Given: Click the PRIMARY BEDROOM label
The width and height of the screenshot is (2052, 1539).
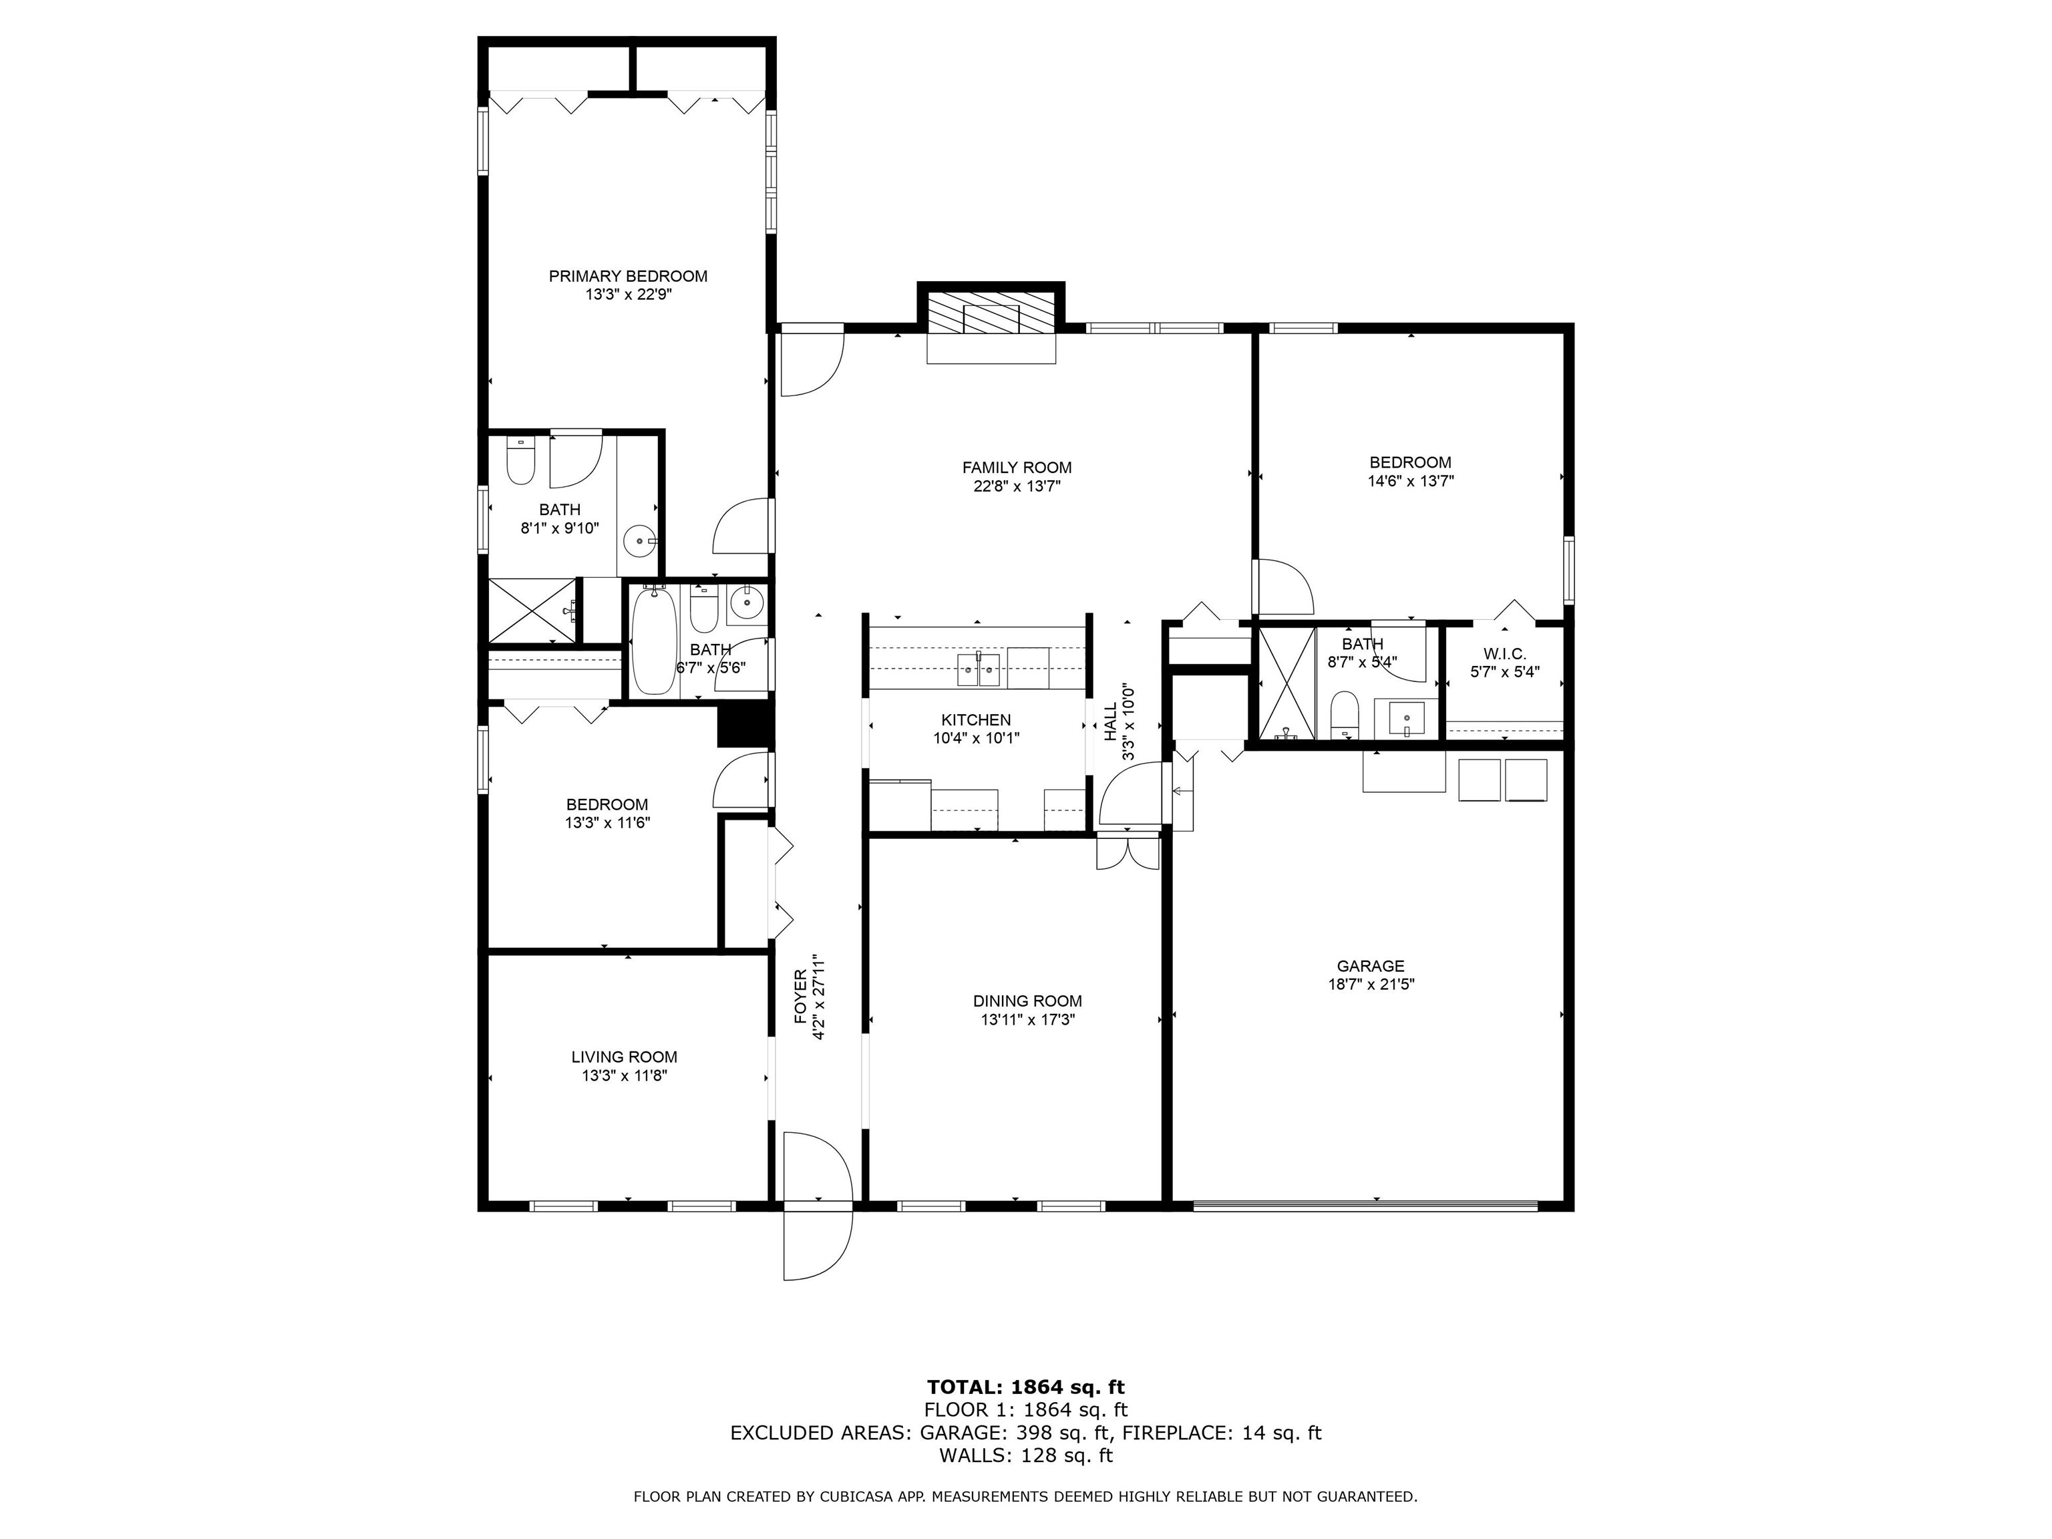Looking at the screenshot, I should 627,275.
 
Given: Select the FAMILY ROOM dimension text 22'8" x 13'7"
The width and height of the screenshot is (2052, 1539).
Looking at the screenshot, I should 1017,486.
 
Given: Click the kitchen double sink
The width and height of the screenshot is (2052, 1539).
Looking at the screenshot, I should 979,668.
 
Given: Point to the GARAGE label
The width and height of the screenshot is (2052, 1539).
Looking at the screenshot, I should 1370,966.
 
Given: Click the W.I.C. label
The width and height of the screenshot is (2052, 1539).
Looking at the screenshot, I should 1504,654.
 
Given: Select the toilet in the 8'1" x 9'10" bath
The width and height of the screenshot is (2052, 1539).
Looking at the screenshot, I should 520,461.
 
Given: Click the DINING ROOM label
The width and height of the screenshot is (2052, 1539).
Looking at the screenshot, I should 1027,1001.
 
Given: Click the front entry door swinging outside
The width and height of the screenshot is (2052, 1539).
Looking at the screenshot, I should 816,1245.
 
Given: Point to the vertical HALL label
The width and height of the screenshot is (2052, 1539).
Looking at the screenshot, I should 1110,721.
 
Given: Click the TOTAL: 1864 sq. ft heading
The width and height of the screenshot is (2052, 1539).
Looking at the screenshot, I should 1025,1413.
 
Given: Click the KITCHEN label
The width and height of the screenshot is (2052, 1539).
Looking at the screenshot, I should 976,720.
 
